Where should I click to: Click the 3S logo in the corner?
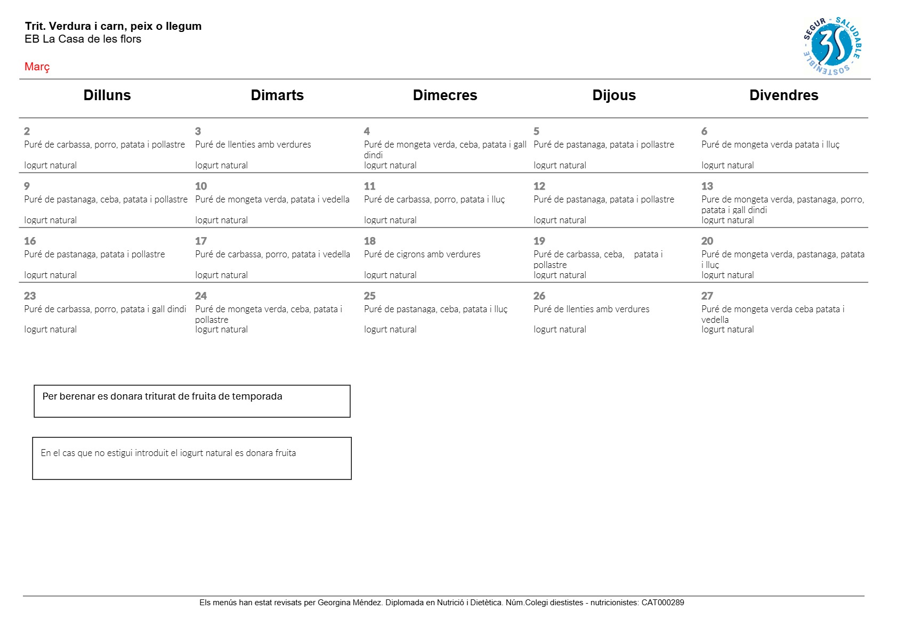click(831, 46)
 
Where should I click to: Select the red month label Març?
click(37, 67)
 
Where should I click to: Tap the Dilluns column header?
click(107, 95)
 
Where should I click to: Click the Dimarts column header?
click(277, 95)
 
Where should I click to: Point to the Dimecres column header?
click(445, 95)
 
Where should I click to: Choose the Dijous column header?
click(614, 95)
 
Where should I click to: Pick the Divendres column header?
click(783, 95)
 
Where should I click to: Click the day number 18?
click(370, 241)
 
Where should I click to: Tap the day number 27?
click(707, 296)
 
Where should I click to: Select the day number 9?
click(27, 186)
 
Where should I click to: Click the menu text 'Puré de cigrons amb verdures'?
click(422, 254)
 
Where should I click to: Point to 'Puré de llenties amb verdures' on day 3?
click(253, 144)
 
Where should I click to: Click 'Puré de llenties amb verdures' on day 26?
click(592, 309)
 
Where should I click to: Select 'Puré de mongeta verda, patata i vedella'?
click(272, 199)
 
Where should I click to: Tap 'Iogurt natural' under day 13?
click(728, 220)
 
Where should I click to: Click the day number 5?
click(537, 131)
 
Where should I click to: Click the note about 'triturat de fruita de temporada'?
click(163, 396)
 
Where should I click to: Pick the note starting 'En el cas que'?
click(168, 453)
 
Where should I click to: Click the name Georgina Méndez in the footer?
click(350, 603)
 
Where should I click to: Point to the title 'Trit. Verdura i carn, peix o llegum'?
click(113, 26)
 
